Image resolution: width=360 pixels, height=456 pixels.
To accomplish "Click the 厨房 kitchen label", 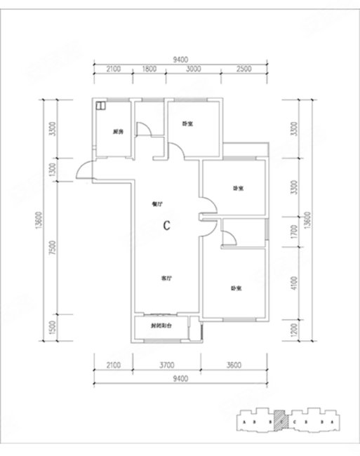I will tap(117, 132).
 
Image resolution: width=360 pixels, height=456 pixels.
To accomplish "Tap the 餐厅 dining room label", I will tap(157, 205).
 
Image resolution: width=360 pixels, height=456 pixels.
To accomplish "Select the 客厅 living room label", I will tap(167, 279).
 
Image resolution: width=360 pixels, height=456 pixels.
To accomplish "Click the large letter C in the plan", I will tap(167, 226).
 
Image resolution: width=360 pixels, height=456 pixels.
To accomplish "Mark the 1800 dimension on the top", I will tap(149, 69).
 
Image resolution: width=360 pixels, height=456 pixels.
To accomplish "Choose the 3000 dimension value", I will tap(194, 69).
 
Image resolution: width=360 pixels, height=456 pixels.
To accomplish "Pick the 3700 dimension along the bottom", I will tap(166, 364).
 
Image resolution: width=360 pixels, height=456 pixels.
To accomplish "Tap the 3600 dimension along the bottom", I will tap(234, 364).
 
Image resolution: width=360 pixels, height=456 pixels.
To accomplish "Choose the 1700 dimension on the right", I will tap(295, 231).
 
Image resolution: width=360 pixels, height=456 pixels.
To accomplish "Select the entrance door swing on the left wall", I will tap(86, 170).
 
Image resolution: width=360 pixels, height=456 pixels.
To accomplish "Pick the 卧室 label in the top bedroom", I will tap(187, 124).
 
